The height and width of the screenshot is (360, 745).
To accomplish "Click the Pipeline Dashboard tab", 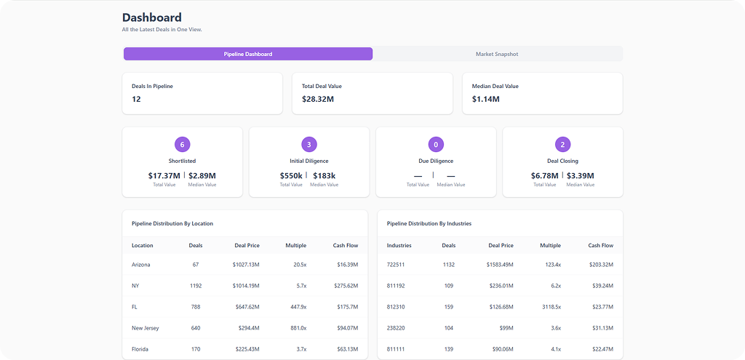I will click(248, 54).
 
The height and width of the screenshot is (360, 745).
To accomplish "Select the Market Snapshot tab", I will click(497, 54).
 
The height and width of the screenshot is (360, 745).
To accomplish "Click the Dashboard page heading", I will click(152, 17).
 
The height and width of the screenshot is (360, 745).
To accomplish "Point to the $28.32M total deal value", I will click(319, 99).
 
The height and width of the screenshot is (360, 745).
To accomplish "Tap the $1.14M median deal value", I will click(486, 99).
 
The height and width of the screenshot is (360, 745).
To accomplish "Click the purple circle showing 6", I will click(183, 144).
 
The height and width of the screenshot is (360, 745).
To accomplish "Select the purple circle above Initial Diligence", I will click(309, 144).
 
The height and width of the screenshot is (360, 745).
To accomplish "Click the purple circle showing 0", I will click(436, 144).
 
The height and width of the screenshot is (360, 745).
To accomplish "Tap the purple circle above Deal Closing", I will click(562, 144).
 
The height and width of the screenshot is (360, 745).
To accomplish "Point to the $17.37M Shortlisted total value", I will click(164, 175).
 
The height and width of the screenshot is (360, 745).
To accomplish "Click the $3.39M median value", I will click(580, 175).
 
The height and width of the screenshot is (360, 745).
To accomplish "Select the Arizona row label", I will click(141, 265).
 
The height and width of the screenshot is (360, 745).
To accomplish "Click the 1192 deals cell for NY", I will click(196, 286).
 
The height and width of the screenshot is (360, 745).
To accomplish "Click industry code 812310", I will click(397, 307).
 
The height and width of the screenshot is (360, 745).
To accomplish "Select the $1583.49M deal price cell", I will click(500, 265).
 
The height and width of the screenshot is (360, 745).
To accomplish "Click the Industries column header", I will click(399, 245).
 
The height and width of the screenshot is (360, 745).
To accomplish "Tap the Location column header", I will click(143, 245).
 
